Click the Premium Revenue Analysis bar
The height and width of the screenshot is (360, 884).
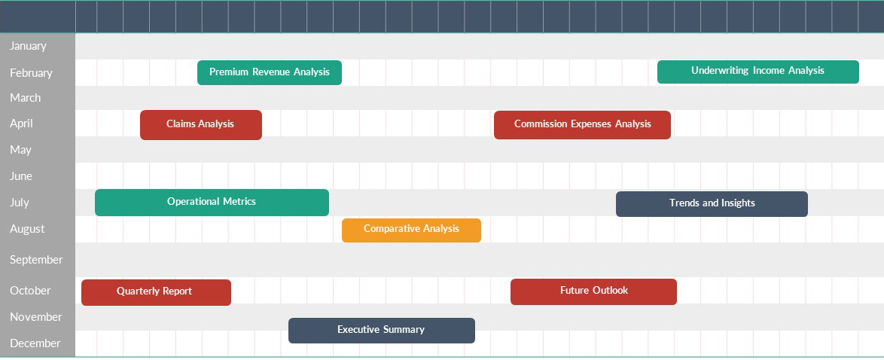click(x=270, y=72)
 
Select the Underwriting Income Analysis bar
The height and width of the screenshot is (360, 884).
click(x=757, y=72)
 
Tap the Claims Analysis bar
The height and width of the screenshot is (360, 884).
click(x=201, y=125)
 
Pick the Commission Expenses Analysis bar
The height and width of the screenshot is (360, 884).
click(x=582, y=125)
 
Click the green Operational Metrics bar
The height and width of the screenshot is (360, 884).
click(x=212, y=202)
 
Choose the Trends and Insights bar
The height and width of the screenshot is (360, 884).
click(x=712, y=203)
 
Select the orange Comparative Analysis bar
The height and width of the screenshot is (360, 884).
click(x=412, y=230)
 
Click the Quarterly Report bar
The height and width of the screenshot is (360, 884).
click(x=156, y=292)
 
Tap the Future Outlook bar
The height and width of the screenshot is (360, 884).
click(x=593, y=291)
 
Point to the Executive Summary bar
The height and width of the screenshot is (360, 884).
click(x=382, y=330)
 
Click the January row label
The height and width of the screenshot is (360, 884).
click(x=28, y=46)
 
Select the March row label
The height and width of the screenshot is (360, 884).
click(x=26, y=98)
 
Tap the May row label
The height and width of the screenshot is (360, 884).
click(x=21, y=150)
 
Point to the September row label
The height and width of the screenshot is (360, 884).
click(x=36, y=260)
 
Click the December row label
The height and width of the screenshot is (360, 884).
click(x=35, y=343)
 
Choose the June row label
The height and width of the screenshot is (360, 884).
click(x=21, y=176)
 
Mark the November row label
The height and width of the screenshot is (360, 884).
click(x=36, y=317)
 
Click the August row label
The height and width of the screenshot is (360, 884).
click(x=27, y=229)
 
